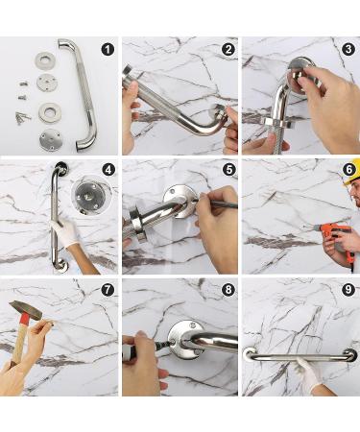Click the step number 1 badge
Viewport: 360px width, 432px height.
pyautogui.click(x=108, y=50)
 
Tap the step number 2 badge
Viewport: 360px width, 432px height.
pyautogui.click(x=228, y=50)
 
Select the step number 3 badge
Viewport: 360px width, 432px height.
pyautogui.click(x=348, y=49)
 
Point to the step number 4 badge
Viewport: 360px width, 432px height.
pyautogui.click(x=108, y=170)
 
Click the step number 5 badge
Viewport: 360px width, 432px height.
pyautogui.click(x=228, y=170)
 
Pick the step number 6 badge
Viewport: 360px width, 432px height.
pyautogui.click(x=348, y=170)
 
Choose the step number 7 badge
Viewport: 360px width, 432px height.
pyautogui.click(x=108, y=290)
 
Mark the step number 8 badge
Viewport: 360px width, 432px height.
pyautogui.click(x=228, y=290)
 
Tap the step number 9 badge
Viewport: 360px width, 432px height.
pyautogui.click(x=348, y=290)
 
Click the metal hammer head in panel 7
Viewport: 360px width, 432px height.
pyautogui.click(x=26, y=310)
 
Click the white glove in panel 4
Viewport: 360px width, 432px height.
pyautogui.click(x=64, y=232)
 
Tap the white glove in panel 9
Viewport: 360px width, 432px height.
pyautogui.click(x=308, y=374)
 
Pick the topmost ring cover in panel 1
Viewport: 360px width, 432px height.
pyautogui.click(x=44, y=60)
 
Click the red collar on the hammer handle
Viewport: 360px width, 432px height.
pyautogui.click(x=25, y=319)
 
